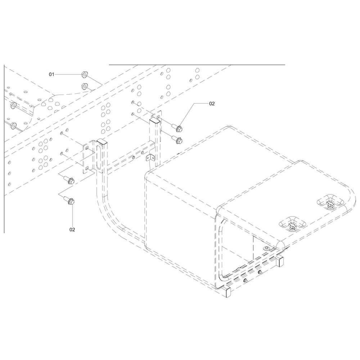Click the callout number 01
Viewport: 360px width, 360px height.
click(x=51, y=75)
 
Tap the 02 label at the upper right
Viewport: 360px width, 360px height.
click(x=212, y=104)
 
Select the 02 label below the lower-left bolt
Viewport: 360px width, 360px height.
click(x=72, y=229)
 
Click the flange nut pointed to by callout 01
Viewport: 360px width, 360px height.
click(x=84, y=75)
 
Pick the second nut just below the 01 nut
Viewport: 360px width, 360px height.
click(x=84, y=86)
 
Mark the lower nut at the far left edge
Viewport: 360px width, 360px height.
click(x=13, y=125)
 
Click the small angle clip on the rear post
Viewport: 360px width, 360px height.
click(x=150, y=158)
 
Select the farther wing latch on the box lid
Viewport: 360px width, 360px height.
click(x=330, y=204)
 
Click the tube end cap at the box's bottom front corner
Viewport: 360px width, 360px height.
click(x=226, y=292)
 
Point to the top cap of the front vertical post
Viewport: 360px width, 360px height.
click(x=102, y=141)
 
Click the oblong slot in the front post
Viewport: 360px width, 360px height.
click(x=99, y=158)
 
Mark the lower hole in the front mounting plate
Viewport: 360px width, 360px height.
click(x=86, y=168)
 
